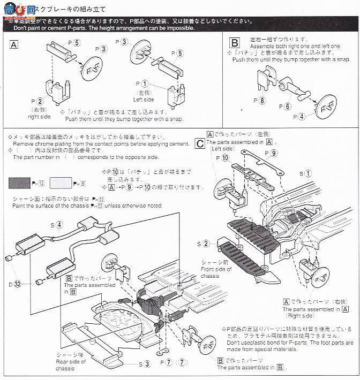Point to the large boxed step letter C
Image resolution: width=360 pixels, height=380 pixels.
199,143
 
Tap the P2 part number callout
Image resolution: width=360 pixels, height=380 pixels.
36,101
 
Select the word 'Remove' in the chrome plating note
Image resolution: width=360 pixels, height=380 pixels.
24,145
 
